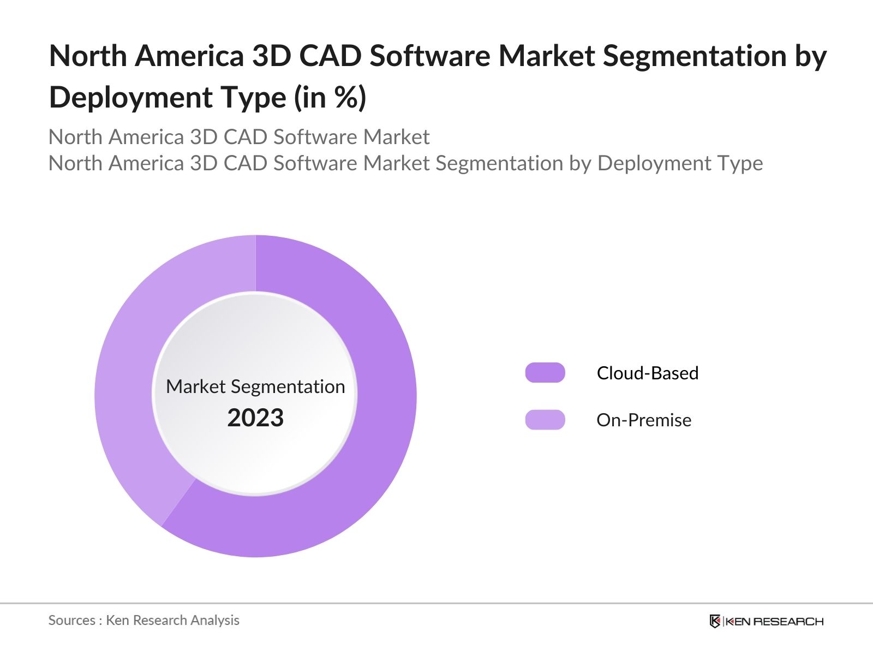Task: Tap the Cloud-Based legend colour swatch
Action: (x=545, y=373)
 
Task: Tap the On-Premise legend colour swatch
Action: (x=545, y=420)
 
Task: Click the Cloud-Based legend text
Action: (x=647, y=373)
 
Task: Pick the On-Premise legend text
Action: (x=644, y=420)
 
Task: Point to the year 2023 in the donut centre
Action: (x=255, y=418)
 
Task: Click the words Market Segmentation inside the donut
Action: (x=255, y=386)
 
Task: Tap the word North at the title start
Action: (x=88, y=56)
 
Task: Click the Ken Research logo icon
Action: (x=715, y=621)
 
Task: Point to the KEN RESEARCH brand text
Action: (x=774, y=621)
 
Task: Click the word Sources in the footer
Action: (x=71, y=620)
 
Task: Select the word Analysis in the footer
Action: (x=218, y=620)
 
